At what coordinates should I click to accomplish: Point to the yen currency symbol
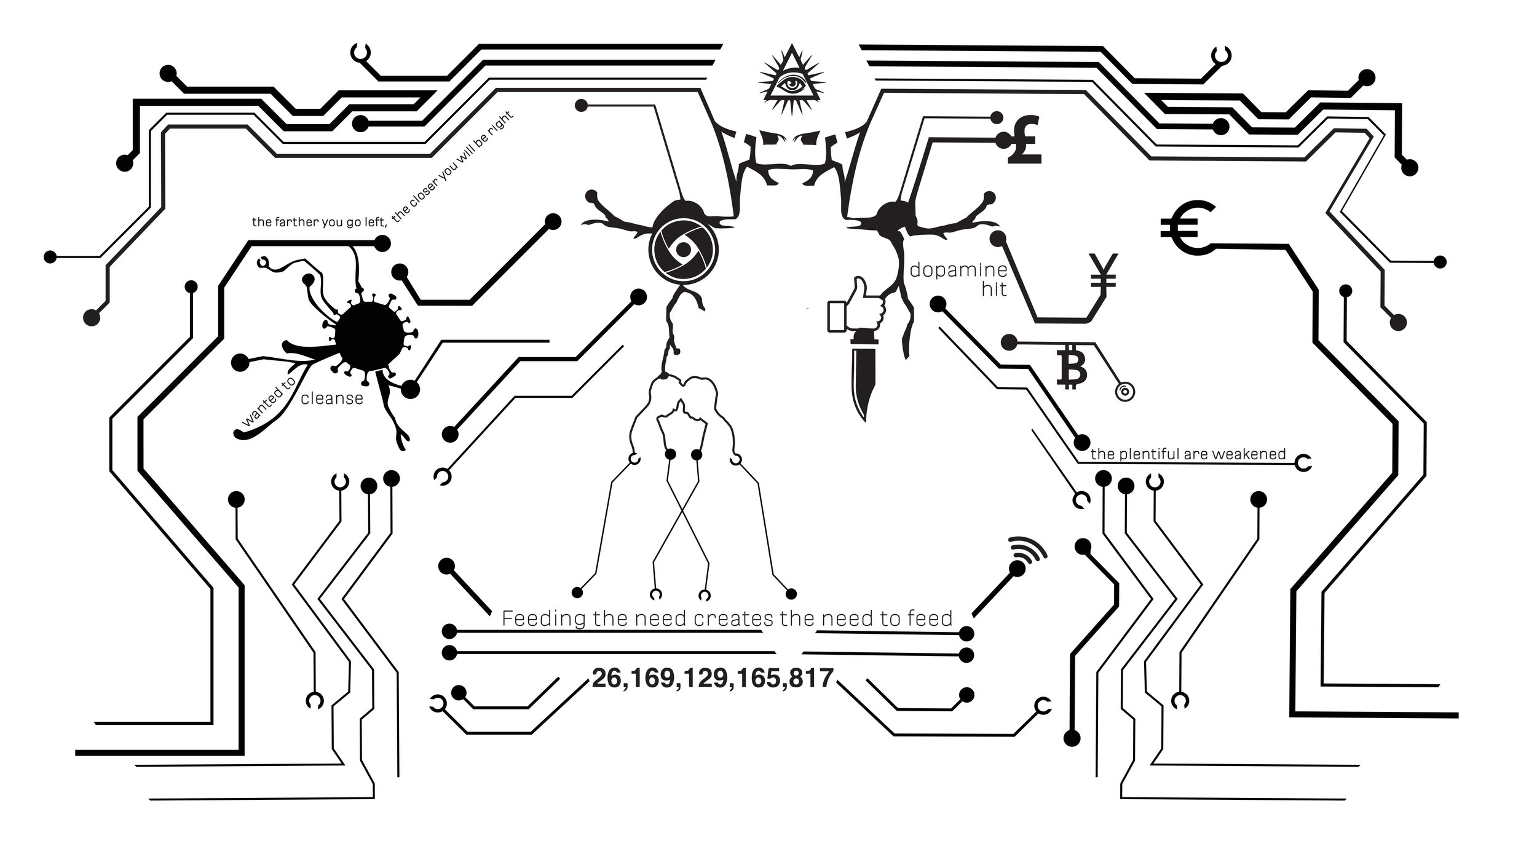click(1103, 271)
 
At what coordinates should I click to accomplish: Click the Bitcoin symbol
click(1070, 366)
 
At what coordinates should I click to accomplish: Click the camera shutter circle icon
click(682, 248)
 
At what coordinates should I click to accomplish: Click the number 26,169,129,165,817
click(712, 678)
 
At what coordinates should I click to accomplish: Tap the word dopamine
click(958, 270)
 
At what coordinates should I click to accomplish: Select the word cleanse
click(332, 398)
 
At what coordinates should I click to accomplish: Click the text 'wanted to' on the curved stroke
click(269, 404)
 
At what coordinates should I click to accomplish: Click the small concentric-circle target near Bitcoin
click(1124, 391)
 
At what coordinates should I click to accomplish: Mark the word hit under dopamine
click(994, 289)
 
